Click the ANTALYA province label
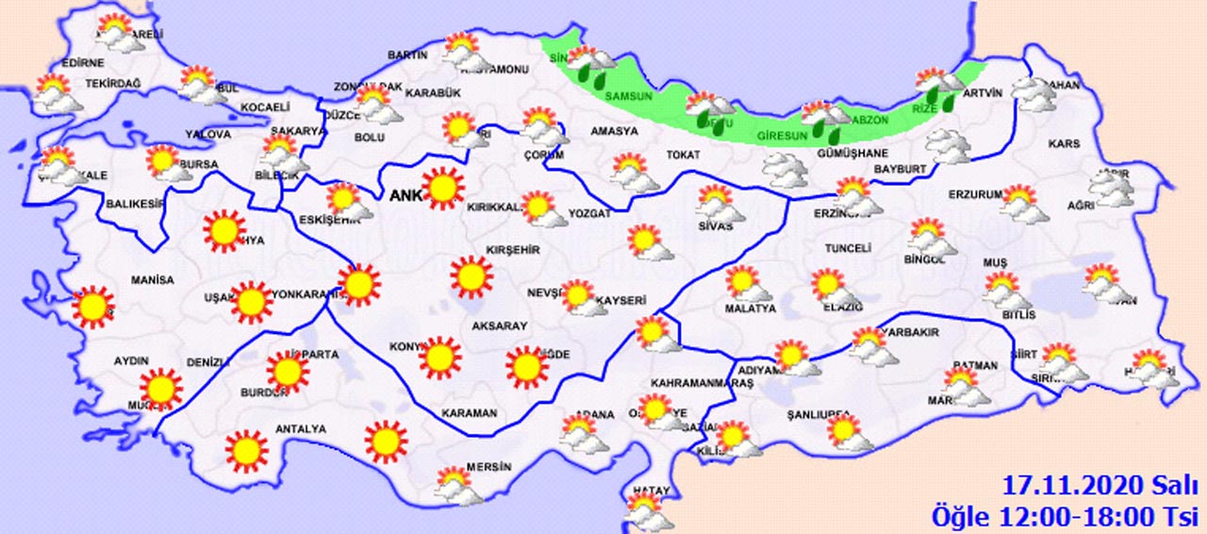click(300, 429)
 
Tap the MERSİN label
click(489, 467)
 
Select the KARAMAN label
click(469, 413)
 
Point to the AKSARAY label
click(500, 325)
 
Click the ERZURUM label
click(975, 194)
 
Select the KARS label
click(1064, 144)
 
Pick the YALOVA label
click(208, 135)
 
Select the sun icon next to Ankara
click(443, 188)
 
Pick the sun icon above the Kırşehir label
click(471, 275)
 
